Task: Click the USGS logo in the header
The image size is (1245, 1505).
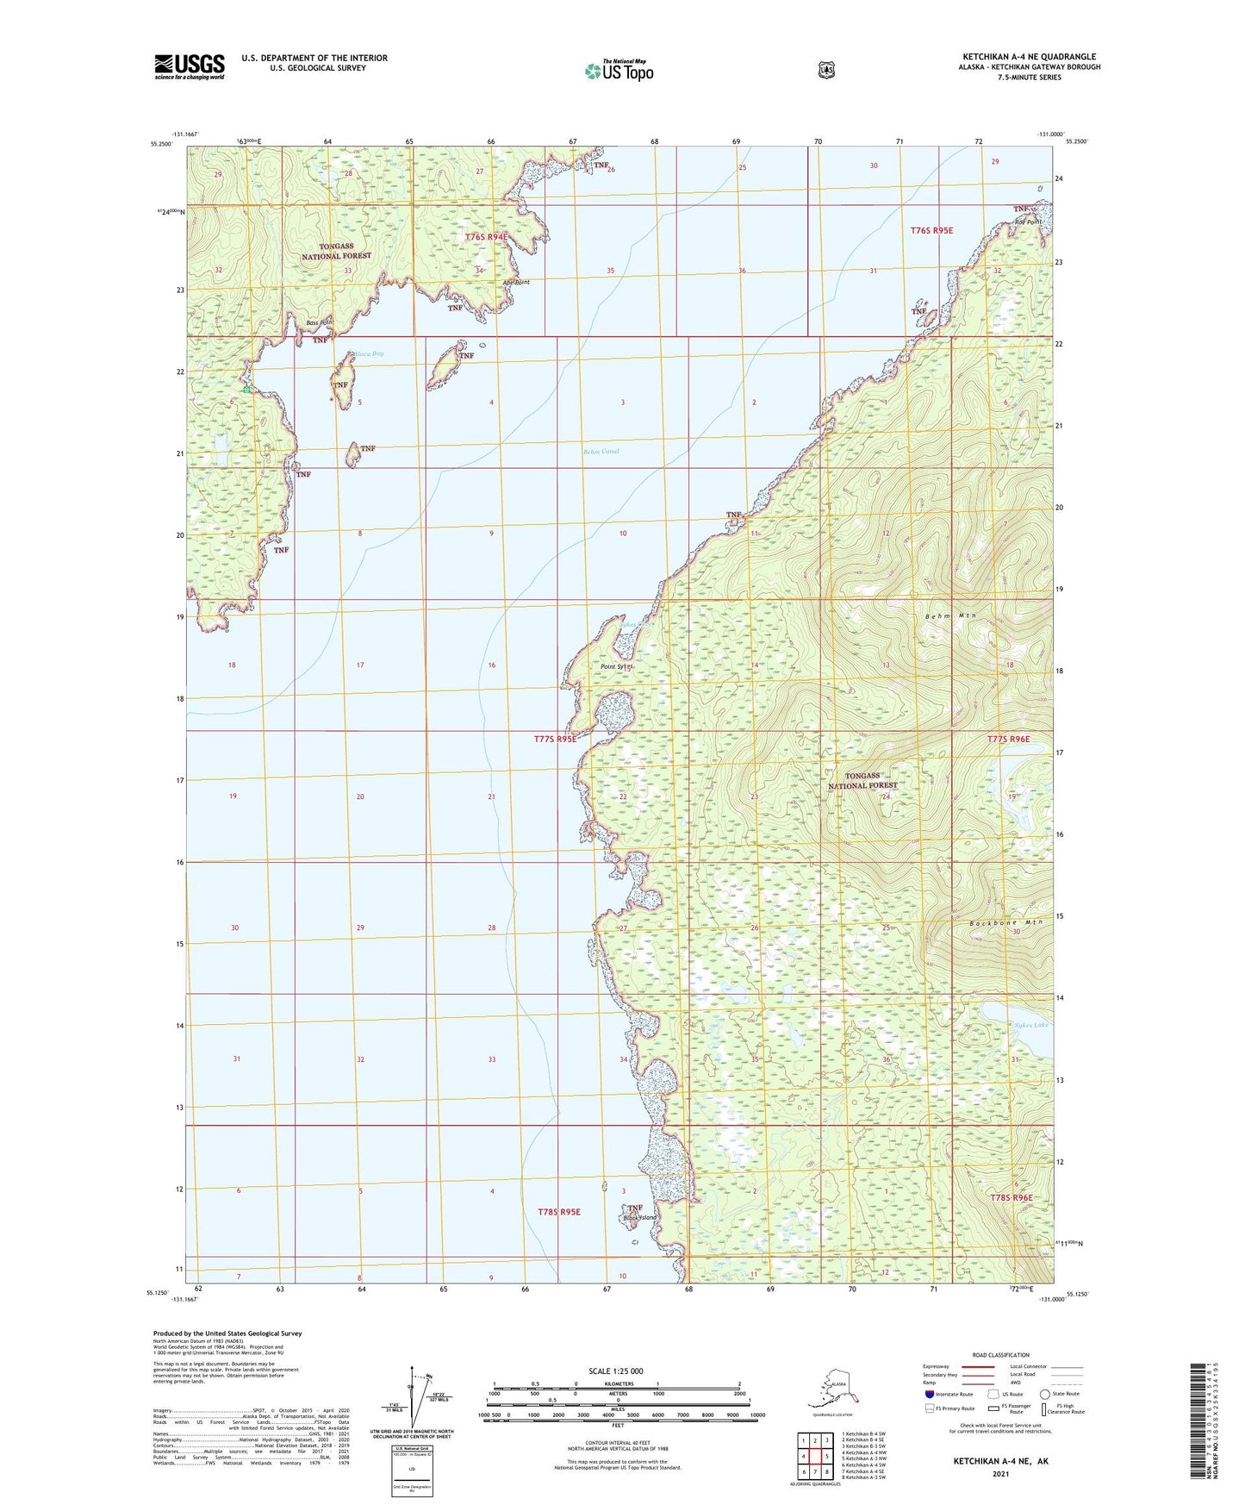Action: coord(190,66)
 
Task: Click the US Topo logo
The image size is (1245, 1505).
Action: coord(619,71)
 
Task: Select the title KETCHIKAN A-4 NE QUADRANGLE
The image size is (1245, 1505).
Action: coord(1029,57)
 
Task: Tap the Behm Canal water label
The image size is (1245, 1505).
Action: coord(601,451)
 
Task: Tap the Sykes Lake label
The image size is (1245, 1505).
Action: coord(1031,1025)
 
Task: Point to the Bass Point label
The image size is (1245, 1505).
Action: coord(319,323)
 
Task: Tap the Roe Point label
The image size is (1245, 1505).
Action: coord(1028,222)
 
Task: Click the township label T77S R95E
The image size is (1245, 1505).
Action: coord(555,739)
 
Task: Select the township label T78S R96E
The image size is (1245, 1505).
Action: coord(1011,1197)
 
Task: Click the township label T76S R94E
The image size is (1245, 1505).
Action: coord(487,236)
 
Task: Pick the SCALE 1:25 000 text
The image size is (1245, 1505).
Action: coord(615,1371)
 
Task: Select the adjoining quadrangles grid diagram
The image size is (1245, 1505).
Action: coord(814,1457)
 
